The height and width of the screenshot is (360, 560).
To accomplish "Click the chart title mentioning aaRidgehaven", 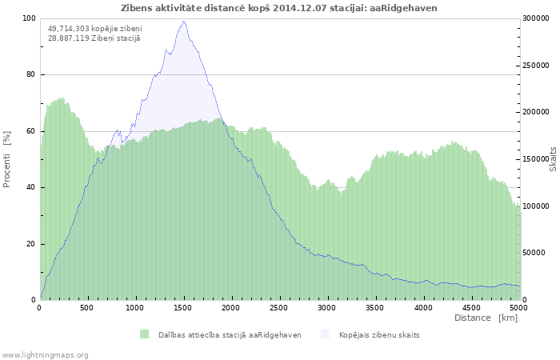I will pos(279,7).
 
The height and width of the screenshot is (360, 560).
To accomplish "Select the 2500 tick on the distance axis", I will pos(279,307).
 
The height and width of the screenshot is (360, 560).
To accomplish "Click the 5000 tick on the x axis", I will pos(518,307).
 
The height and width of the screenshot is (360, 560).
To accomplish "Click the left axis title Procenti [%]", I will pos(7,159).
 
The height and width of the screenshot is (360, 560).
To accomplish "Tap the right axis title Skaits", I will pos(553,158).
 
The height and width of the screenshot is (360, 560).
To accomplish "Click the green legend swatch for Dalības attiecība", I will pos(144,334).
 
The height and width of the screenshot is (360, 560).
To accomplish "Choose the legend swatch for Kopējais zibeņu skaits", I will pos(325,334).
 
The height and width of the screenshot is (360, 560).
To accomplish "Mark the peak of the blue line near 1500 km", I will pos(183,22).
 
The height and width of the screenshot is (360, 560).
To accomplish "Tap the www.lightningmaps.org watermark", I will pos(45,354).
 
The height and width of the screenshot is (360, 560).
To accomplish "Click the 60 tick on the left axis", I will pos(31,131).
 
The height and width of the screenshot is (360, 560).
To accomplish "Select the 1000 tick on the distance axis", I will pos(135,307).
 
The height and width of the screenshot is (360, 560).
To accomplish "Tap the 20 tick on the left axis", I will pos(31,244).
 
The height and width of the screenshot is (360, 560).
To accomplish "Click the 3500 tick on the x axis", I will pos(375,307).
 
